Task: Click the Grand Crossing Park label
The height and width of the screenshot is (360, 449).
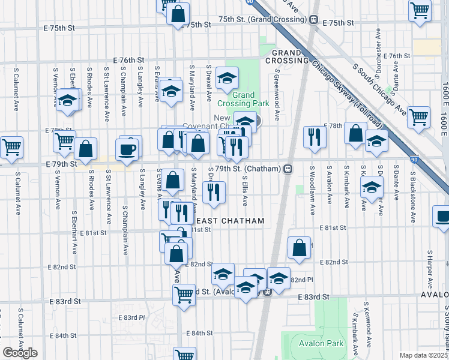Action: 243,99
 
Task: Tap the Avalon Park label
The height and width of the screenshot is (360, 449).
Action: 321,344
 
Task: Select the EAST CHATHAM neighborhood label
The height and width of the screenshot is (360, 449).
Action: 235,221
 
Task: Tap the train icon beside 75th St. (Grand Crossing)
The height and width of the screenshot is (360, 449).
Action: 314,19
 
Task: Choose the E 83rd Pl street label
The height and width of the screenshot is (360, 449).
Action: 131,317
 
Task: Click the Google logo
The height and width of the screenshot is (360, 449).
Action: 20,353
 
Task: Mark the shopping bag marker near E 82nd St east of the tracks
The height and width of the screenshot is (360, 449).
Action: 299,247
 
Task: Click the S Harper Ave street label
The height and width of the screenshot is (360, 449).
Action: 430,267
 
